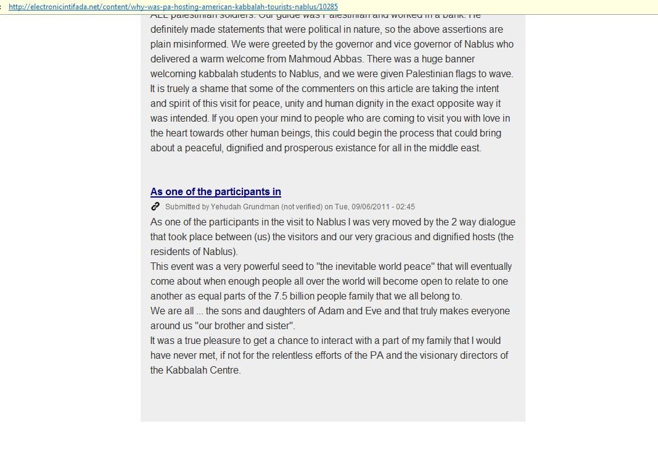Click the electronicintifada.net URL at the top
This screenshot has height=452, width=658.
click(x=173, y=7)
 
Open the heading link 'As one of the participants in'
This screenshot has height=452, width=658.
click(x=215, y=192)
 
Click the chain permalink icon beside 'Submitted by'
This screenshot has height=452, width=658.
click(x=155, y=206)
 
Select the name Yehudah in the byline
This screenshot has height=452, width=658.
click(x=225, y=207)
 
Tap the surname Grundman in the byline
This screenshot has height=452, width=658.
click(x=260, y=207)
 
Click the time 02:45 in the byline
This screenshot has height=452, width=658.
click(x=406, y=207)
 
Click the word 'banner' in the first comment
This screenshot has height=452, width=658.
click(x=458, y=59)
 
